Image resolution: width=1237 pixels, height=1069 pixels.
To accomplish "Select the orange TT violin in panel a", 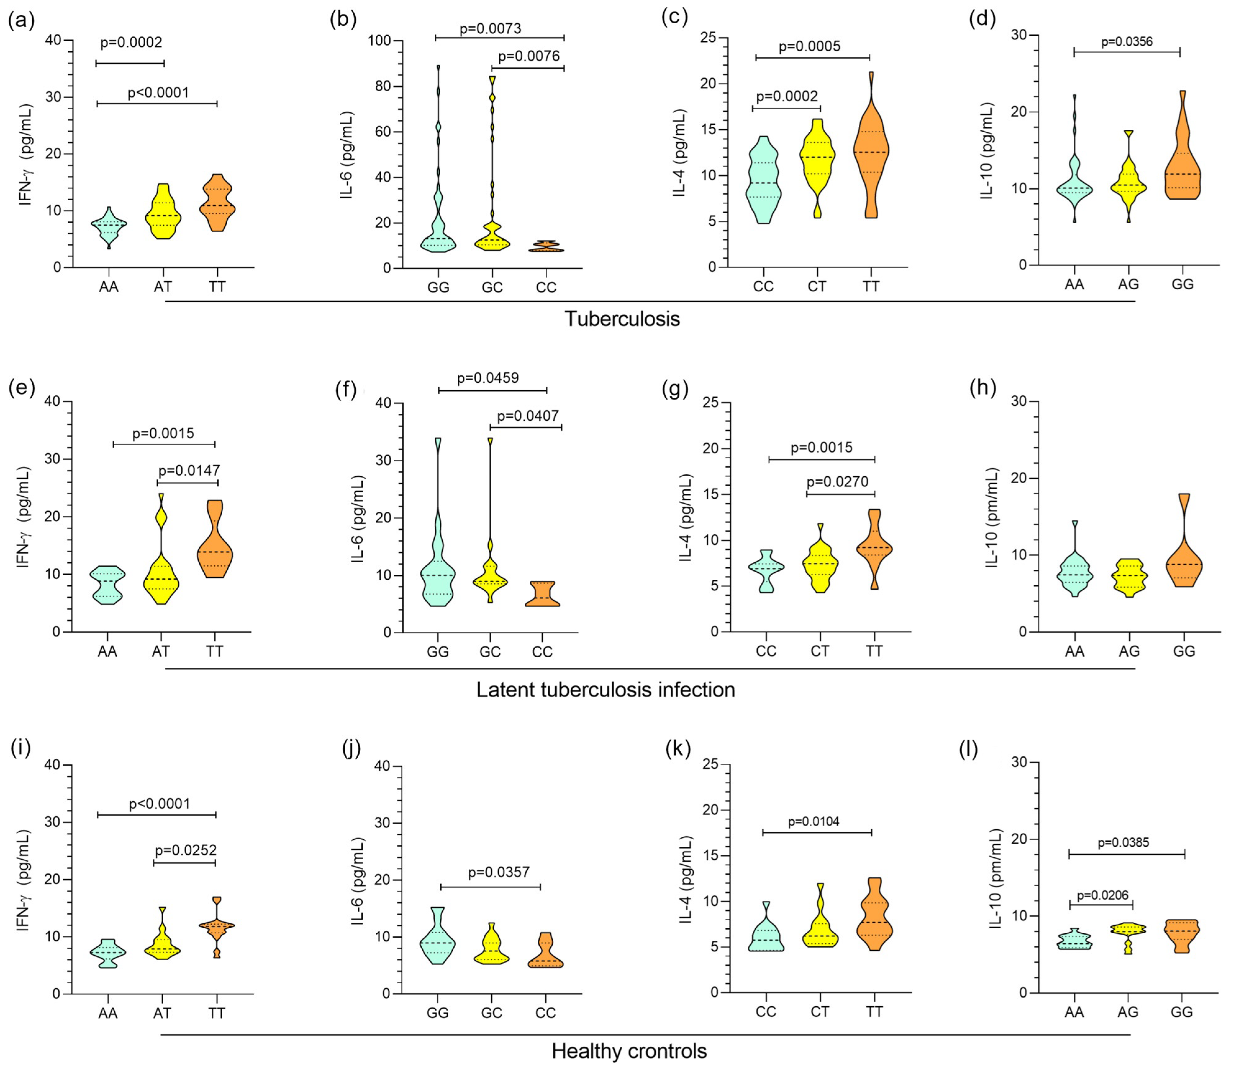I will coord(217,206).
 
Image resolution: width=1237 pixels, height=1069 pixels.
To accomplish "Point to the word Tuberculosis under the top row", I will coord(622,319).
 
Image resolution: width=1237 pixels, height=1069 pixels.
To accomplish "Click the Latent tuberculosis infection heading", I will coord(605,690).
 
